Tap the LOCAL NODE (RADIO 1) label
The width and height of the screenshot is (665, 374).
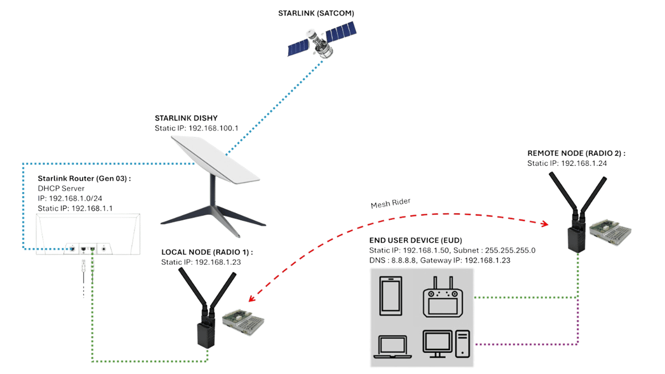tap(207, 252)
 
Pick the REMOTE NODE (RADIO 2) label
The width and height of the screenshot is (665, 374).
tap(575, 154)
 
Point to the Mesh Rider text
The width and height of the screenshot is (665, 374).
tap(390, 204)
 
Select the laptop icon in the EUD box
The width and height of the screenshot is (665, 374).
tap(393, 346)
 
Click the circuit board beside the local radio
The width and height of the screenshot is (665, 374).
tap(242, 321)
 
